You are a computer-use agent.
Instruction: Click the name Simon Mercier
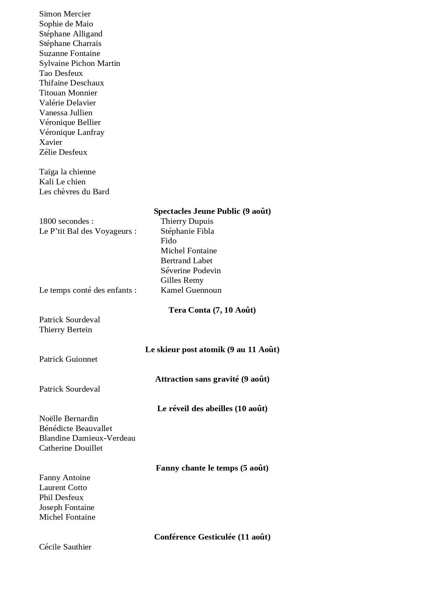point(65,14)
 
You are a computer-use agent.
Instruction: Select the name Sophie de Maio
point(66,24)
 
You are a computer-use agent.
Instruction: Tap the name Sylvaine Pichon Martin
point(80,63)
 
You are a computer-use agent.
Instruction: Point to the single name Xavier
point(50,142)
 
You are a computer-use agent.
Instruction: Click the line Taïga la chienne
point(67,172)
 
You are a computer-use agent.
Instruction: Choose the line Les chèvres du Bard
point(74,192)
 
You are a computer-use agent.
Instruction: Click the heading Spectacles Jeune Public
point(212,211)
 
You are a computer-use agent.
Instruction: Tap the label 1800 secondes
point(66,221)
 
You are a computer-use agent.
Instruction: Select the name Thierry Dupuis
point(187,221)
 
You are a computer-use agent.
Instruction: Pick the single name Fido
point(168,241)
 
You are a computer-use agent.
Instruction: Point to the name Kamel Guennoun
point(191,290)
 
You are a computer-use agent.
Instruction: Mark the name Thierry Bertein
point(66,330)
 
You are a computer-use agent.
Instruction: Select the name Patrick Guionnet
point(68,359)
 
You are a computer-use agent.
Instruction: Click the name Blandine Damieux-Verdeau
point(87,438)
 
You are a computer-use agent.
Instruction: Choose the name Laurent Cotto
point(63,488)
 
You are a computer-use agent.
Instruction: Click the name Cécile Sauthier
point(65,547)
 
